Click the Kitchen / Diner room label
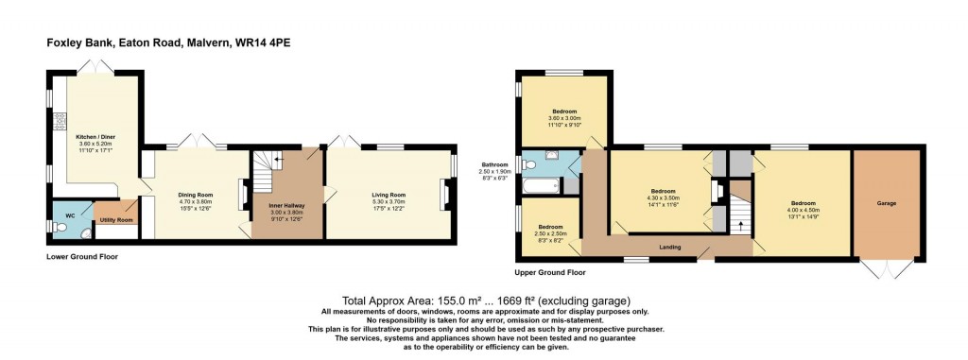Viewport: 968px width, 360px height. click(x=95, y=136)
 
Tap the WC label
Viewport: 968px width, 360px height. click(x=69, y=216)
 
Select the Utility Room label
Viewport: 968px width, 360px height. click(x=116, y=220)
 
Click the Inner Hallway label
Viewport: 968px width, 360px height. click(x=285, y=207)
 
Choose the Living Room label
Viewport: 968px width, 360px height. click(x=389, y=195)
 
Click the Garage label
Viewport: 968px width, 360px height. click(x=886, y=203)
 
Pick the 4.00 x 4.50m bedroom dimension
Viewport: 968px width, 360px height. click(x=804, y=210)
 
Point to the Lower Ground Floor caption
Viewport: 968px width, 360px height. click(x=81, y=257)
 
